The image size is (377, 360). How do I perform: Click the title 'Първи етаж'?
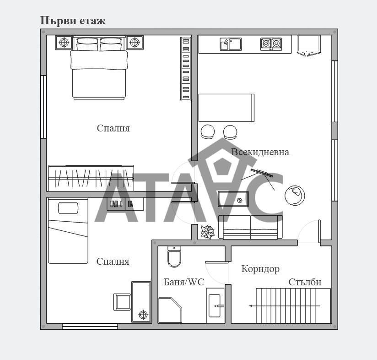(x=73, y=21)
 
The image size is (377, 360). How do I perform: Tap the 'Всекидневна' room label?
(x=260, y=152)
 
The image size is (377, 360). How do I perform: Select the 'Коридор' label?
(x=260, y=269)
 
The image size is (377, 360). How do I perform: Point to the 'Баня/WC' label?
(x=184, y=282)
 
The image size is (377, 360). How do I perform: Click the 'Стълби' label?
(x=305, y=282)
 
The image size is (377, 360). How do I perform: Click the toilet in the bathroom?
(x=174, y=256)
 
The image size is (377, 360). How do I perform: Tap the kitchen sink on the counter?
(x=231, y=44)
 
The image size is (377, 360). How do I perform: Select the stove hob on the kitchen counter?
(x=271, y=44)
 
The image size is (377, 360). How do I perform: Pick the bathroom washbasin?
(x=215, y=305)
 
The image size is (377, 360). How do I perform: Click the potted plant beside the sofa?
(x=208, y=232)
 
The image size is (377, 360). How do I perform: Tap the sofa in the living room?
(x=250, y=227)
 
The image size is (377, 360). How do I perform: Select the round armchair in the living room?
(x=295, y=195)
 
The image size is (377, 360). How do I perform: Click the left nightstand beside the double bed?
(x=64, y=43)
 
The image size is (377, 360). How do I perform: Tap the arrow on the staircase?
(x=285, y=306)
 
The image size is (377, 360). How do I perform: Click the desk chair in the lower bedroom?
(x=122, y=302)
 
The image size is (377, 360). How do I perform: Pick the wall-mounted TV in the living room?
(x=262, y=173)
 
